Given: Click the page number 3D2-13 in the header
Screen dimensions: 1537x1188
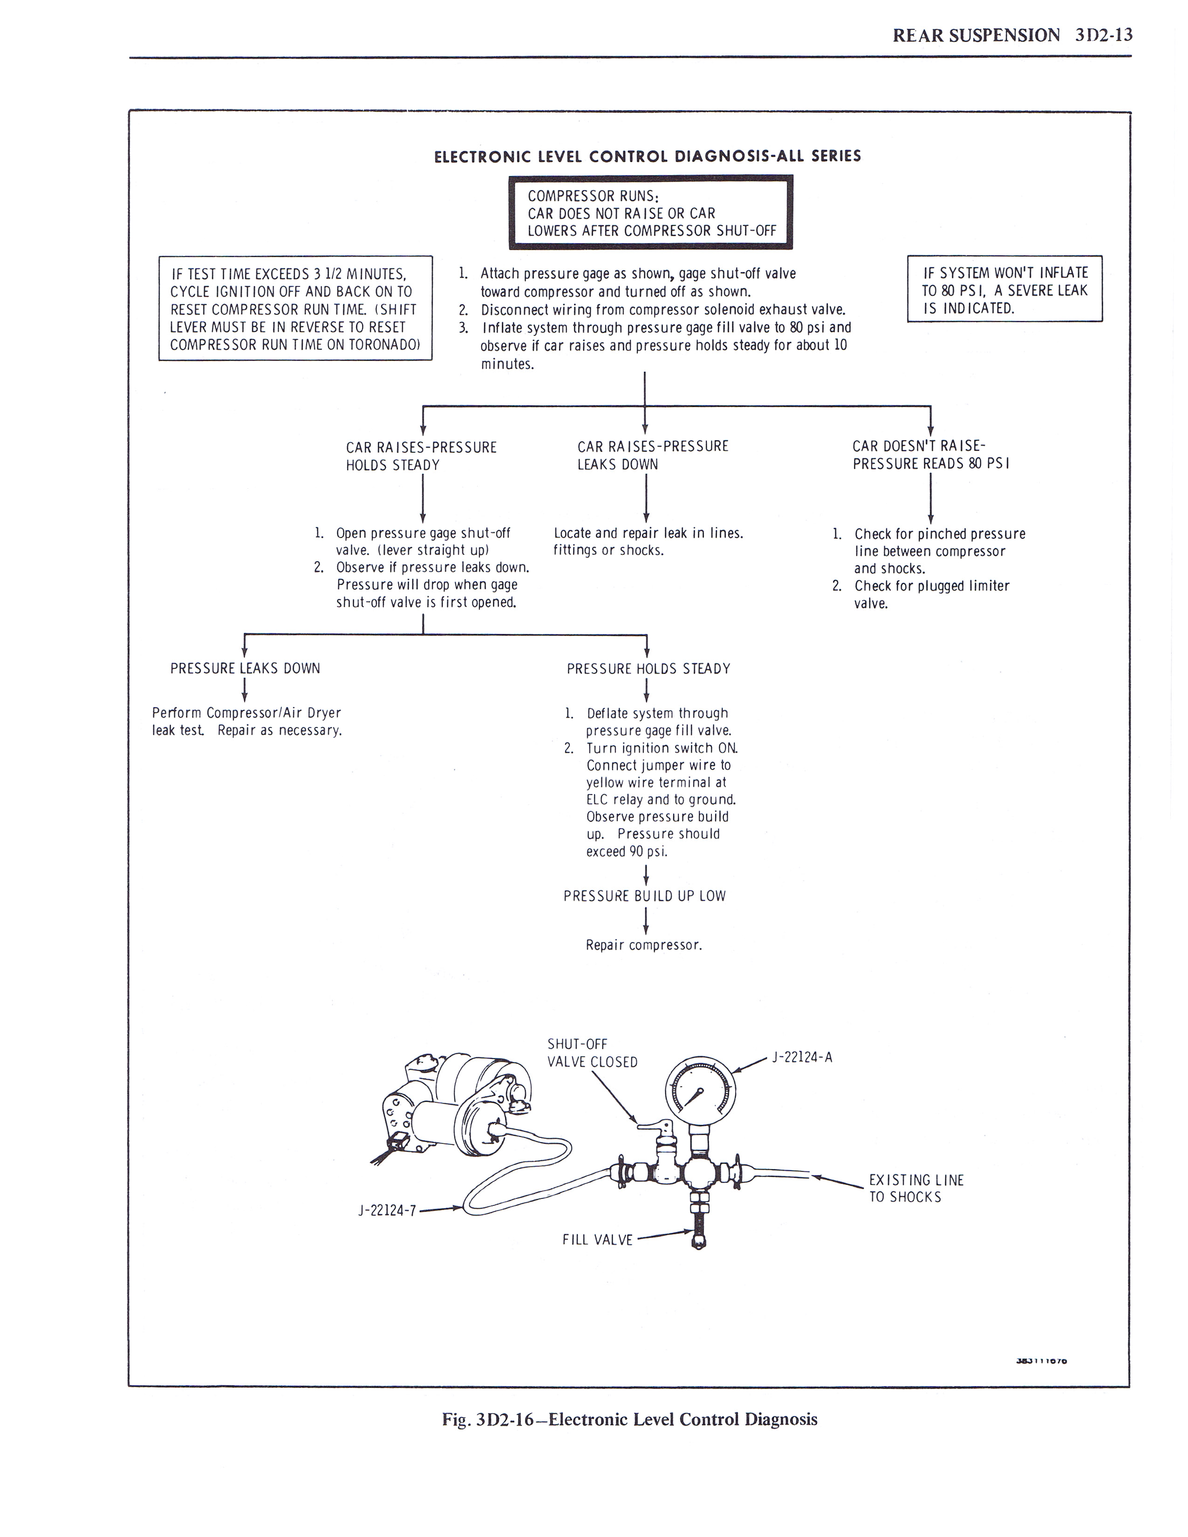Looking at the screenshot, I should click(x=1104, y=35).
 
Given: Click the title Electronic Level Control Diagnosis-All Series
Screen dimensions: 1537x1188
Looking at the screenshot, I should click(x=647, y=156).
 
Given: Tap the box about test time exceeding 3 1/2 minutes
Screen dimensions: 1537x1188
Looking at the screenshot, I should click(x=295, y=308).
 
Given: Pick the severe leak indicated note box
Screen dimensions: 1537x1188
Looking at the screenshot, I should click(x=1004, y=289).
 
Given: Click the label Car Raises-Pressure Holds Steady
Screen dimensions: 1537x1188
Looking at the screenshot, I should click(x=421, y=456).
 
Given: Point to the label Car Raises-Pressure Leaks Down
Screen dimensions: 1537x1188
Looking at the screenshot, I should click(x=652, y=456).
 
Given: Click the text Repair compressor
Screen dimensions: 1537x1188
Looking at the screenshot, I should click(x=644, y=945).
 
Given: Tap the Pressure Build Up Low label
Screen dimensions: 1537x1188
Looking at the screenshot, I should click(x=644, y=896).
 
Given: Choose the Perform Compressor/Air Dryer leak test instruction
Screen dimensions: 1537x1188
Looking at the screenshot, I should click(x=247, y=721).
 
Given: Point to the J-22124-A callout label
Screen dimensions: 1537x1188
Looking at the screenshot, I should click(x=802, y=1057).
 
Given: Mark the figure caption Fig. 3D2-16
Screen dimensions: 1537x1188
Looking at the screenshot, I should click(x=629, y=1420).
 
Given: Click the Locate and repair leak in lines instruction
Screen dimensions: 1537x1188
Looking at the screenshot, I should click(x=648, y=542).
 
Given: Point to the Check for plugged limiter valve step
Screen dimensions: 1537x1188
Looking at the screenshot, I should click(x=930, y=595).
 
